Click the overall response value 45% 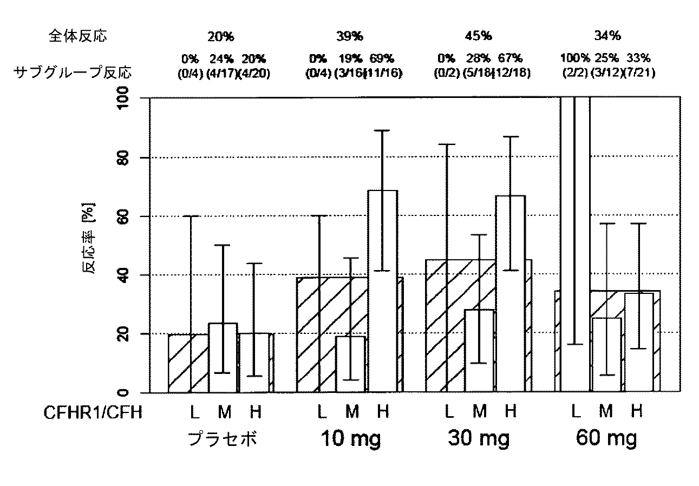pos(479,36)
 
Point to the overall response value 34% pos(607,36)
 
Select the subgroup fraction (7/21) pos(639,73)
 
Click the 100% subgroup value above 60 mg pos(574,57)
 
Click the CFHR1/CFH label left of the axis pos(93,413)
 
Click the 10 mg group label pos(351,438)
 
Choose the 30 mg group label pos(479,438)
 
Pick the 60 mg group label pos(606,438)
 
